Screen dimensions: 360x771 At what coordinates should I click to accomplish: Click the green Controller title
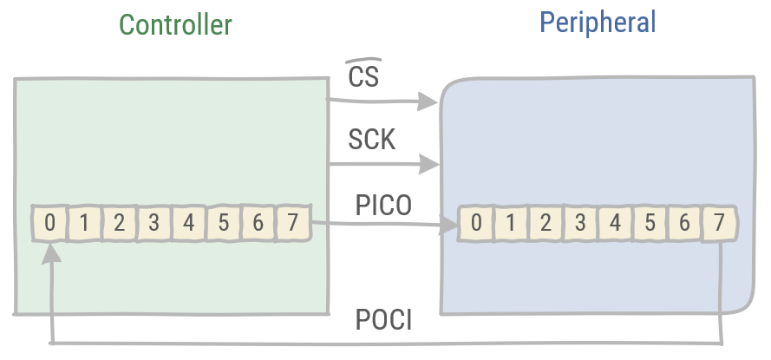[175, 24]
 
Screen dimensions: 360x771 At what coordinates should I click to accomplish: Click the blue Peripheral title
[598, 22]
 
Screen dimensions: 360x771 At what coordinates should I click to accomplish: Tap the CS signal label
[363, 77]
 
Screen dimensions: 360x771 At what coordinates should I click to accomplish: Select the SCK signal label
[371, 139]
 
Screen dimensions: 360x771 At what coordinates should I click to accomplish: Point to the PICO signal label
[382, 206]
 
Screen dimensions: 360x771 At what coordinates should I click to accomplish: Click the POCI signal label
[383, 320]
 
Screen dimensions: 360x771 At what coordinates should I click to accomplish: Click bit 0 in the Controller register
[49, 223]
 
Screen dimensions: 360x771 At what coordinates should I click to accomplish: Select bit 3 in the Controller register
[154, 223]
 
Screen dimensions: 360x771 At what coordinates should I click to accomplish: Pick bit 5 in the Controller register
[223, 223]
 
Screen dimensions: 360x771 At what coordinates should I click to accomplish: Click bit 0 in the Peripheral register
[476, 224]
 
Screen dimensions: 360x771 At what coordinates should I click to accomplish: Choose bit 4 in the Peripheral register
[615, 224]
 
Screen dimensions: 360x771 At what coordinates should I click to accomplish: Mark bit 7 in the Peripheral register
[719, 224]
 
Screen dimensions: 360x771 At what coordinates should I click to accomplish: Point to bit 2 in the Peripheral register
[546, 224]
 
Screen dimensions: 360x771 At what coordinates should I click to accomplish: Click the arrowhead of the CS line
[427, 101]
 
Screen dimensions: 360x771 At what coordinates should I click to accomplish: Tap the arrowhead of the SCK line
[427, 163]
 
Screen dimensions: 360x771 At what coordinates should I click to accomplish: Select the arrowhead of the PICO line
[450, 227]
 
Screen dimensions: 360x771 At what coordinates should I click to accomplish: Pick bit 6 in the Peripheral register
[684, 224]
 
